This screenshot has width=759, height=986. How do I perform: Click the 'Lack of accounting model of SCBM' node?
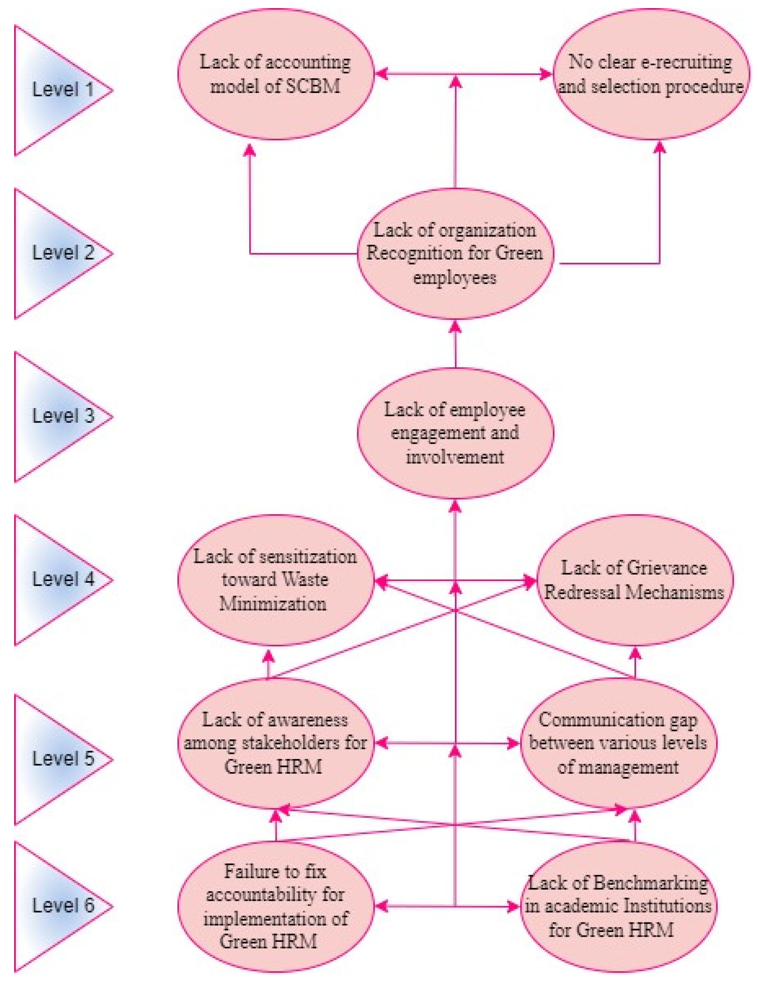[275, 74]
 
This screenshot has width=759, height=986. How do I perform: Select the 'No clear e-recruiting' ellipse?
[650, 74]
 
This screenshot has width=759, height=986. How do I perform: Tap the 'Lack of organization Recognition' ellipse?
[455, 253]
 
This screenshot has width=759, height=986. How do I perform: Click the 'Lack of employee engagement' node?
[455, 433]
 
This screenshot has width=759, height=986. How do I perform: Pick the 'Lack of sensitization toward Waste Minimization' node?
[275, 580]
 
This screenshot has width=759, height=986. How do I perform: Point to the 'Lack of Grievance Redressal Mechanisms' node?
[634, 580]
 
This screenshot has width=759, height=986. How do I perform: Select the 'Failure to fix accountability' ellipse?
[275, 906]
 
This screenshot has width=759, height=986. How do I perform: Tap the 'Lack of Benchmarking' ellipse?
[618, 906]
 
